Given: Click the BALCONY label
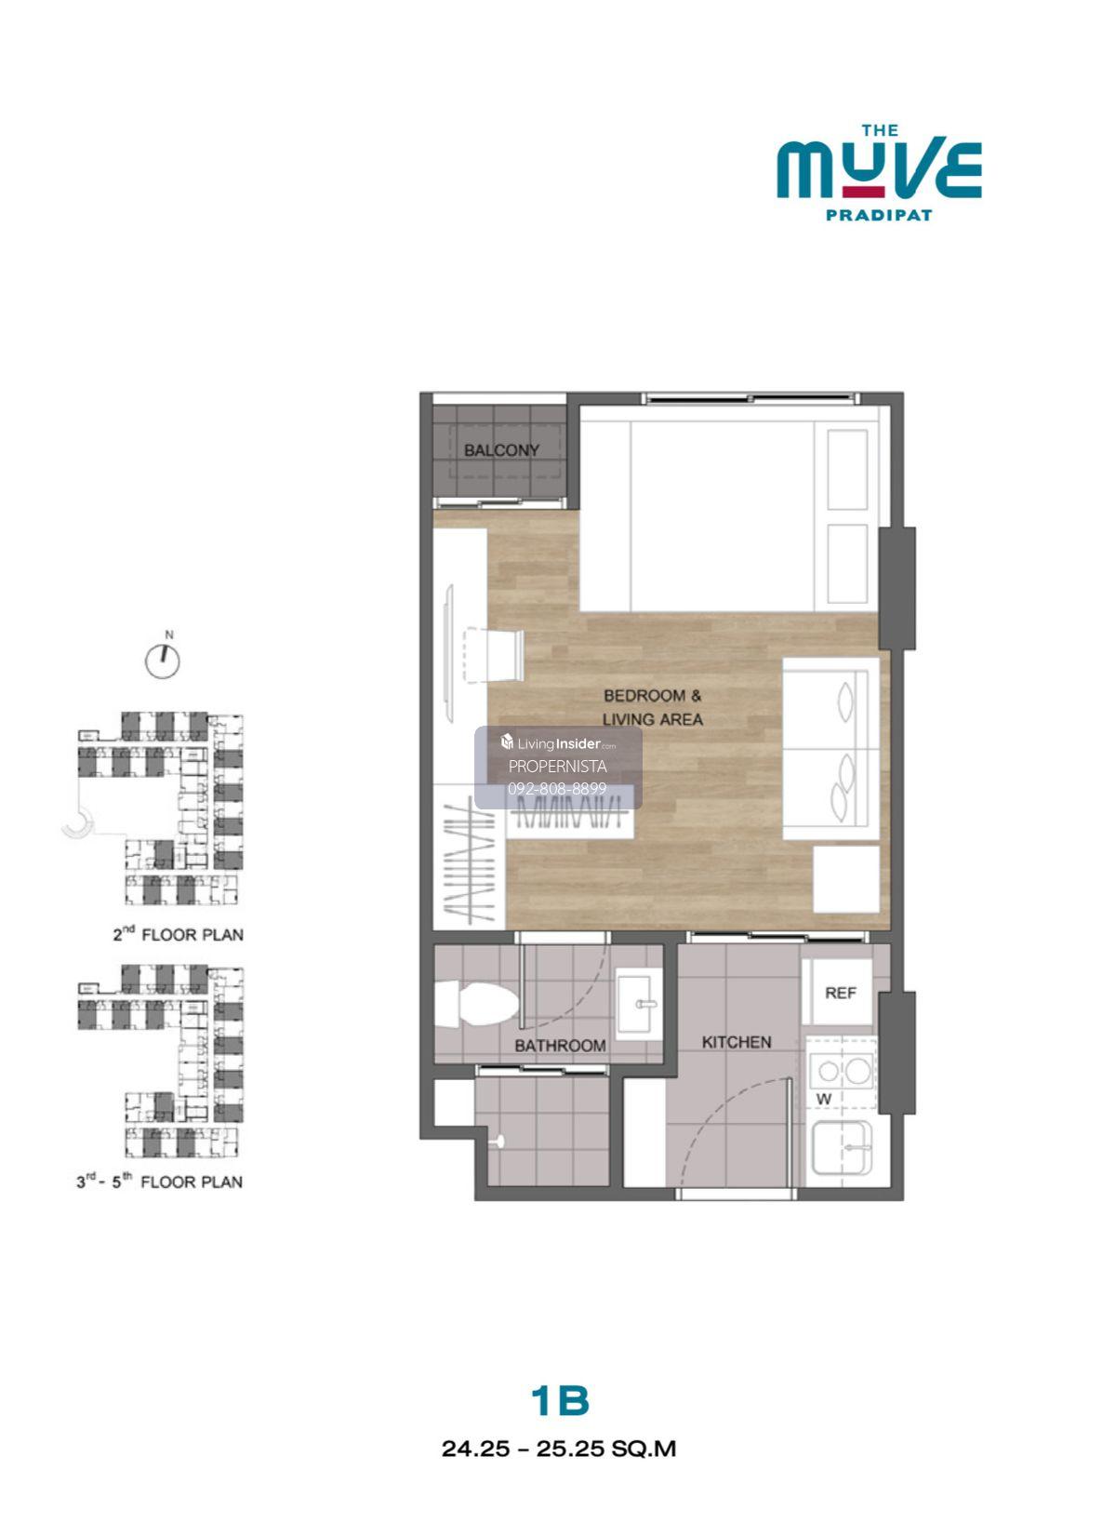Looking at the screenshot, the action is tap(501, 450).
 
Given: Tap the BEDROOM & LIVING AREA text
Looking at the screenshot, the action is tap(652, 707).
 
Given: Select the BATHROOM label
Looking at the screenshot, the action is tap(559, 1046).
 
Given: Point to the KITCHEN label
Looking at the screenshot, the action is tap(737, 1042).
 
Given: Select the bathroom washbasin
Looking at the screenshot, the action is tap(639, 1003).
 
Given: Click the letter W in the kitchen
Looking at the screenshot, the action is tap(823, 1099).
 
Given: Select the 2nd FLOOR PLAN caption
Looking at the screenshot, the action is tap(179, 935).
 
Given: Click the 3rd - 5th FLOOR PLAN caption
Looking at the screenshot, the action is tap(160, 1182).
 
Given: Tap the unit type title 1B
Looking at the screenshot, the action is tap(560, 1382).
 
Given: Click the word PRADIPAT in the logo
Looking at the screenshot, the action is tap(879, 215).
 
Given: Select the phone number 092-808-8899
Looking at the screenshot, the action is tap(557, 789).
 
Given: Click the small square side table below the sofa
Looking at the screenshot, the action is tap(846, 879).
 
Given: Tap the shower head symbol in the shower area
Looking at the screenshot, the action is tap(497, 1142).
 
